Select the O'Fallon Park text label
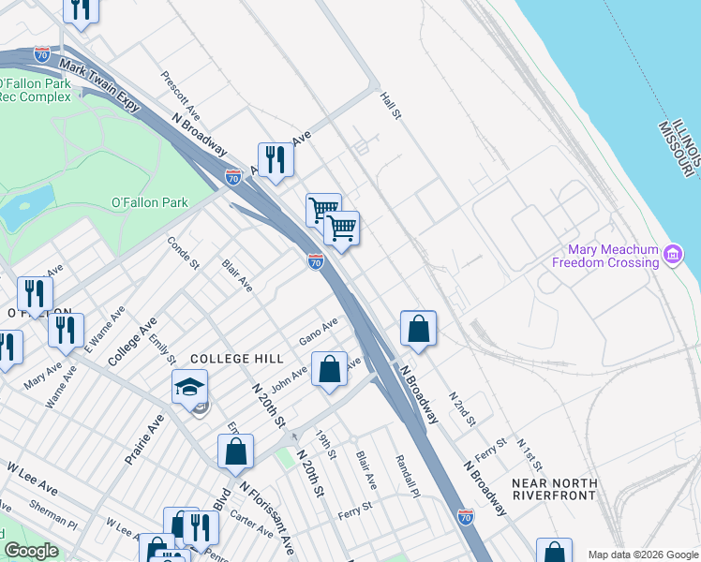click(150, 202)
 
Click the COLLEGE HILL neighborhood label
click(235, 359)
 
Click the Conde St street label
click(184, 252)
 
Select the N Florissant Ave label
click(265, 516)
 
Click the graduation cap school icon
click(190, 387)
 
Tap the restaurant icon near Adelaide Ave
click(276, 158)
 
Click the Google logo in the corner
click(32, 551)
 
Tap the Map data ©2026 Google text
click(642, 554)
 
